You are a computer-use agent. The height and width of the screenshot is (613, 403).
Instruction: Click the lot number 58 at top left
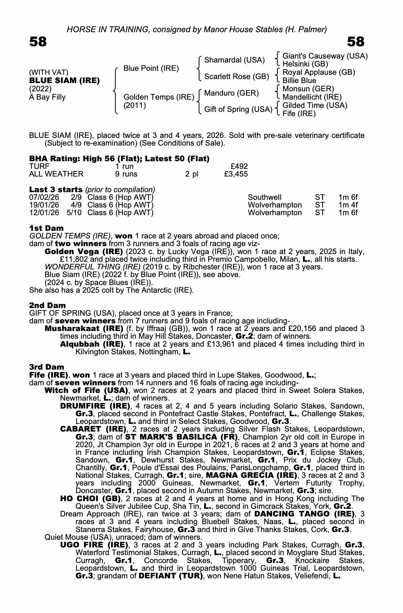38,42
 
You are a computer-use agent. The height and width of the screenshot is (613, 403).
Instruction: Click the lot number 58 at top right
356,42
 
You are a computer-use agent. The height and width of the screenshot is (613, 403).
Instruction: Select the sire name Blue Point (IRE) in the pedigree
151,68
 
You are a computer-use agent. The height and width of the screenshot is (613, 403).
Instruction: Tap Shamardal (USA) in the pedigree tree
234,60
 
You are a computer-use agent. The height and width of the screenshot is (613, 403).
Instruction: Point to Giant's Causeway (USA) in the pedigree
325,56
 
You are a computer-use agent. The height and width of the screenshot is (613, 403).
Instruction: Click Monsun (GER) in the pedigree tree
308,89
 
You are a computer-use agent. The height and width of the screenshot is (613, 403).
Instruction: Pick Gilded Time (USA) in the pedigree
315,105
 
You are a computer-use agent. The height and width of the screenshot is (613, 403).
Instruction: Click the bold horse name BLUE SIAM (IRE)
64,81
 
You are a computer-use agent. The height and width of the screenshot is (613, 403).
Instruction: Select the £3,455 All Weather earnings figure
236,174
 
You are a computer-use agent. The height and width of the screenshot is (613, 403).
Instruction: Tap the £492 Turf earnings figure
239,166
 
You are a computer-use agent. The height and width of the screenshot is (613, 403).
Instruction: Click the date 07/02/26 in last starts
44,197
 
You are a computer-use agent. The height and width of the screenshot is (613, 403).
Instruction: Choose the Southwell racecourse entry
264,197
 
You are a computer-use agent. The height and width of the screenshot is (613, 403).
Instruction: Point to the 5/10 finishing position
74,213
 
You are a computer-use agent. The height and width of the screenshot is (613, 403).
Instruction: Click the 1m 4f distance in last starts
348,205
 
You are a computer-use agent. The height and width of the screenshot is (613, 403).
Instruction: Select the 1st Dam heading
47,228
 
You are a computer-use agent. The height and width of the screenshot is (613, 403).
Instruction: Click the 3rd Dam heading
47,367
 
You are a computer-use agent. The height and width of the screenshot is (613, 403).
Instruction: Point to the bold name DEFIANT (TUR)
171,576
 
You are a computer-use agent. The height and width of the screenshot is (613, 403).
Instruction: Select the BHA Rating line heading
119,158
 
